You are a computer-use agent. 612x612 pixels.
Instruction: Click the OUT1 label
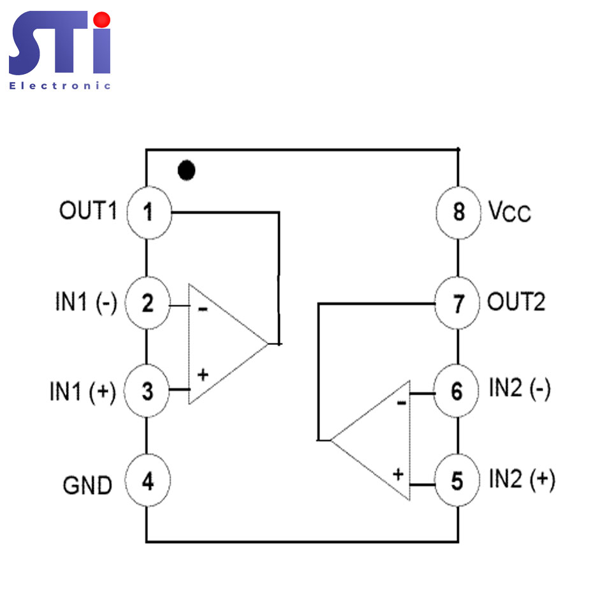(88, 210)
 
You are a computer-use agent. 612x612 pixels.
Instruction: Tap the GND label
(87, 485)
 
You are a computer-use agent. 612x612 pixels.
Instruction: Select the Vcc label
(510, 212)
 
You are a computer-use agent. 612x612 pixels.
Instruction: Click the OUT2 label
(516, 302)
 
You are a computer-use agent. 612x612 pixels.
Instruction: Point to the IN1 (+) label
(83, 392)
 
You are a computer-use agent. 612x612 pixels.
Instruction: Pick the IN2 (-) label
(520, 388)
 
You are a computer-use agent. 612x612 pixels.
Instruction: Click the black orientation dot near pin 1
(186, 170)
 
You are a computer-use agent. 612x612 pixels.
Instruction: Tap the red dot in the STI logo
(102, 20)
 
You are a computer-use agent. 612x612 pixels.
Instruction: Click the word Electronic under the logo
(60, 86)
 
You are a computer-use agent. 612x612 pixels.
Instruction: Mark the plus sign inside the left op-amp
(203, 375)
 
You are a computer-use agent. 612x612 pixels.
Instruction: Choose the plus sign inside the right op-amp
(398, 474)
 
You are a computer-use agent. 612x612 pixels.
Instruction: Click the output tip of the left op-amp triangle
(268, 344)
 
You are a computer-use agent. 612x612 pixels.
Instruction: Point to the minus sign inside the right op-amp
(402, 402)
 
